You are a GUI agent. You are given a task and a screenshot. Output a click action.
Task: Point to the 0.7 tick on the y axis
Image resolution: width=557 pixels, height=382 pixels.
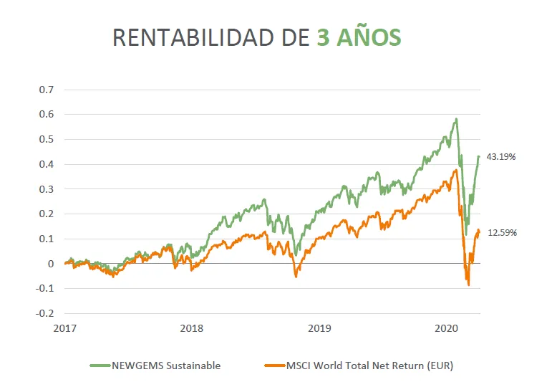[47, 90]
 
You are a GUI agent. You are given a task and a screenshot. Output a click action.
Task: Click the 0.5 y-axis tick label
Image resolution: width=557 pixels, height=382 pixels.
[47, 139]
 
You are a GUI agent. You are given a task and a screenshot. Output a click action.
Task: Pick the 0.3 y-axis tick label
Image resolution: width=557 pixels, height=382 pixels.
[47, 189]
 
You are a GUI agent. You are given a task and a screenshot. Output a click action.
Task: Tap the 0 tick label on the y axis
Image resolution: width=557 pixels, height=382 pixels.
[50, 264]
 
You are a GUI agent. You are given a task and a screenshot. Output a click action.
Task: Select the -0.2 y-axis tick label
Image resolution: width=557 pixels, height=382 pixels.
[45, 313]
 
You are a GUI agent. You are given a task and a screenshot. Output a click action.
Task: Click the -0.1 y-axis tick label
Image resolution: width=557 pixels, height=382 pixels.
[45, 288]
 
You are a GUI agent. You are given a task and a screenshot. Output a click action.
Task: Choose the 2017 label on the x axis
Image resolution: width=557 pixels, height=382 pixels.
[64, 328]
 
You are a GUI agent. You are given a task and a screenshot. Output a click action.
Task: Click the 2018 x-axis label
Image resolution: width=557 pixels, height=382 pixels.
[191, 328]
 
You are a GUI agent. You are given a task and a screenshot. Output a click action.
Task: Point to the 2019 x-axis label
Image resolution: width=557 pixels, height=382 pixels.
[319, 328]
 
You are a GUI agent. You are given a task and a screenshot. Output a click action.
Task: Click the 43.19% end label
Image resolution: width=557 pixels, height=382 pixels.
[502, 156]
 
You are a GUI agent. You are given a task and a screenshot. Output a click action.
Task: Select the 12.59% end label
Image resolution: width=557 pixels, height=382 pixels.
[502, 232]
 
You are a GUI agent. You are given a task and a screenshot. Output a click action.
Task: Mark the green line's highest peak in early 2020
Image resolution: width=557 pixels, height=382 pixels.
[456, 119]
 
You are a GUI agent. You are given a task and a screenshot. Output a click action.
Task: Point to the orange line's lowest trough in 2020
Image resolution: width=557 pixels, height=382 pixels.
[469, 285]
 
